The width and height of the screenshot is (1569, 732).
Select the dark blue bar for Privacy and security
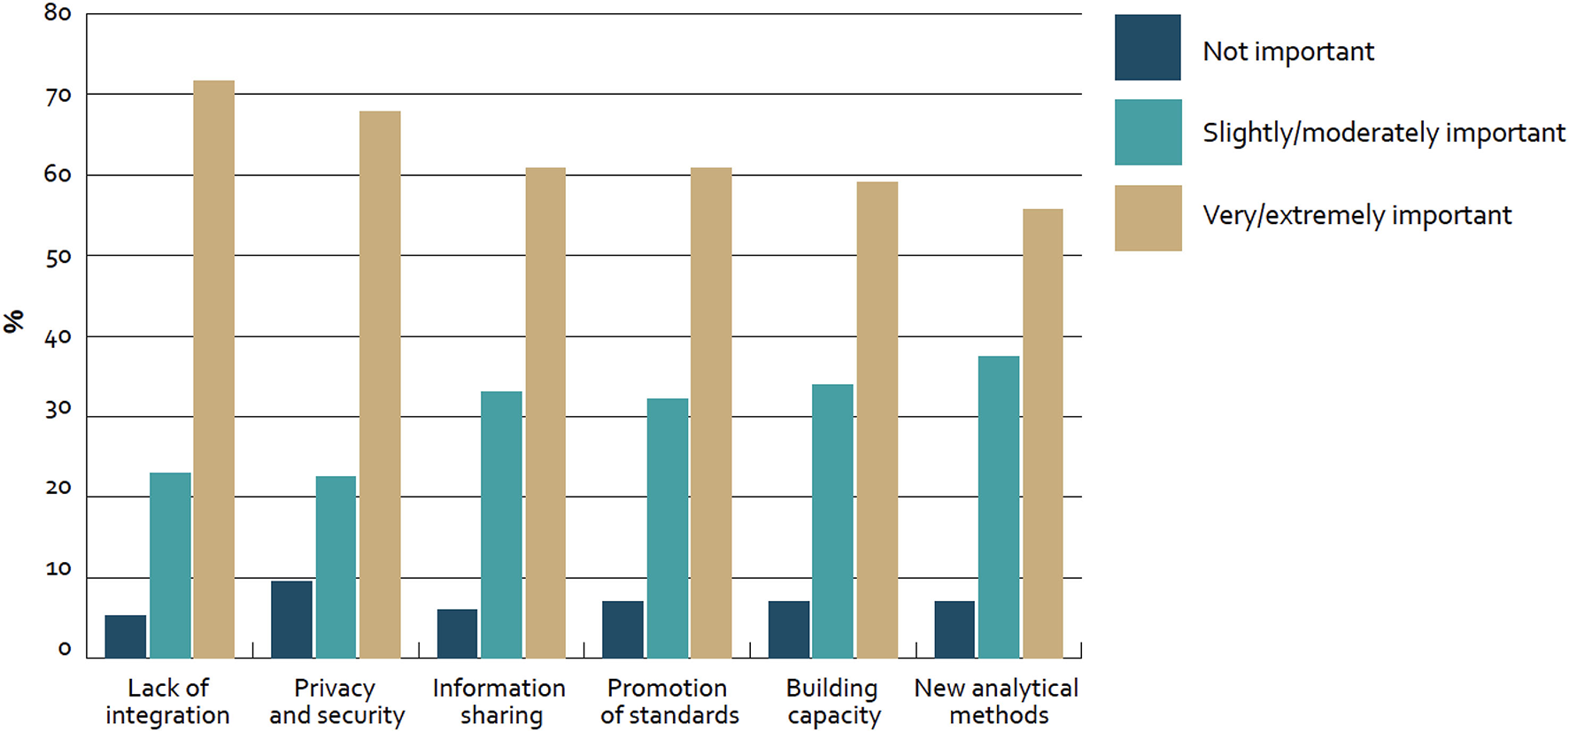291,620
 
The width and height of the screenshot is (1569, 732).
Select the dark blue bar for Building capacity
788,629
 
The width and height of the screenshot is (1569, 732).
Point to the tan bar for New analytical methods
1042,434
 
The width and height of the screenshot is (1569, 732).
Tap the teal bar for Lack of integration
170,566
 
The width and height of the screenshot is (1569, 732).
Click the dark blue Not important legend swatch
1148,48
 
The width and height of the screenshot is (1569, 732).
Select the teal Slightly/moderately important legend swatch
1148,133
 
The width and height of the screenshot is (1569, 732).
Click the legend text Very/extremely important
1356,215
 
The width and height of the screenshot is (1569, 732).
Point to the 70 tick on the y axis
58,95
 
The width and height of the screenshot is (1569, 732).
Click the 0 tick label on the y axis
64,649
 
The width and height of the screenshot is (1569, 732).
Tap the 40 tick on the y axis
58,336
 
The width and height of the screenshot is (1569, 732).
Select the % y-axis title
14,321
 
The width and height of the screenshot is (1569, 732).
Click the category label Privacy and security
336,701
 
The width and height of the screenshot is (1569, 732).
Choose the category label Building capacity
832,701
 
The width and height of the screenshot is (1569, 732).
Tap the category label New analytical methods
997,701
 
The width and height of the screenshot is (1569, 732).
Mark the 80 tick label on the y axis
58,13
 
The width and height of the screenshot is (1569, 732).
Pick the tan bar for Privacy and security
380,384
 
